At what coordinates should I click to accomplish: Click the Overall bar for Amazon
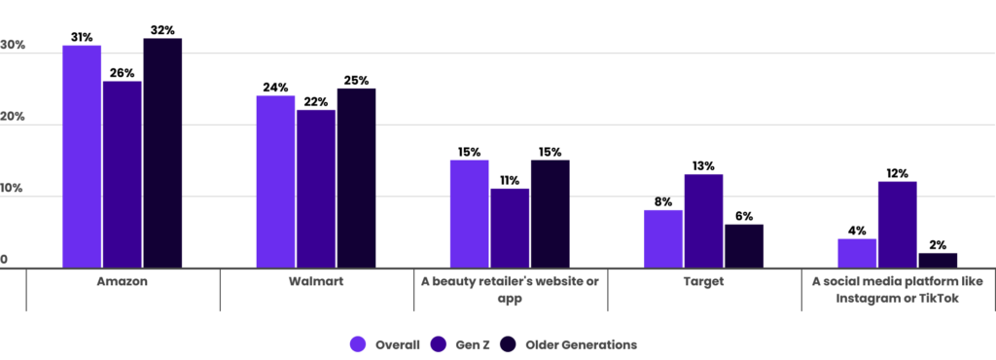(x=82, y=156)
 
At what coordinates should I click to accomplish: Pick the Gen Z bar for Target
(x=703, y=220)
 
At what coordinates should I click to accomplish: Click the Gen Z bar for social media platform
(x=897, y=224)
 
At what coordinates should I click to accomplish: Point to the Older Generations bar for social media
(x=938, y=260)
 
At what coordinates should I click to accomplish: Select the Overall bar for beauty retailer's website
(x=469, y=213)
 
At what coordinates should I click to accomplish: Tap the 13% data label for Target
(x=703, y=165)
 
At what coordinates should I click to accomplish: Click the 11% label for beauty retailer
(x=510, y=180)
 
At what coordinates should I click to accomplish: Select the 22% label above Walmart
(x=316, y=101)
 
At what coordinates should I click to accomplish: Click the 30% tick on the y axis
(x=13, y=46)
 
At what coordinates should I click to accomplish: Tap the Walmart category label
(x=316, y=282)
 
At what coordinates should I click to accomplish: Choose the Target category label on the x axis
(x=703, y=282)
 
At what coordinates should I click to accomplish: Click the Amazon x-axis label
(x=123, y=282)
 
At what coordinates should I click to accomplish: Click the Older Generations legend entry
(x=571, y=344)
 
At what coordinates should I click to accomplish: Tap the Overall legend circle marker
(x=357, y=344)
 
